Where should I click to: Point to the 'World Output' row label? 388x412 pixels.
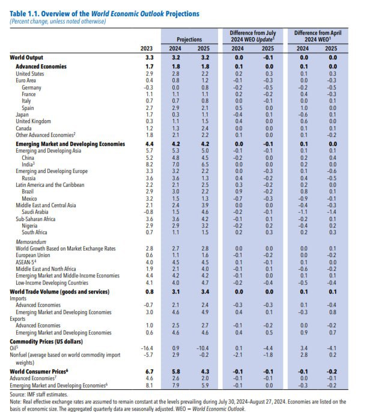coord(28,57)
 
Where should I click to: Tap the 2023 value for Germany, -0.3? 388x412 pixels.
coord(149,88)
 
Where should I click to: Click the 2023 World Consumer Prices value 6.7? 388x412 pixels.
coord(150,372)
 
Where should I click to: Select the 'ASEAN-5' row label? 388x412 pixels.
coord(29,262)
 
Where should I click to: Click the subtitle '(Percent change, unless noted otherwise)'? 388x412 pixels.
coord(58,22)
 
